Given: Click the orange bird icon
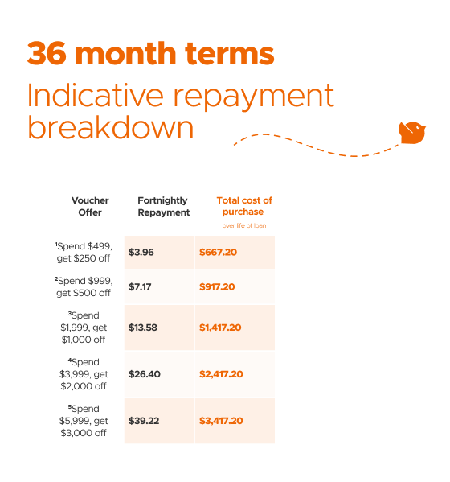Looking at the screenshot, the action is pyautogui.click(x=412, y=133).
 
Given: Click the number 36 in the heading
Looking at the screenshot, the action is pyautogui.click(x=47, y=53).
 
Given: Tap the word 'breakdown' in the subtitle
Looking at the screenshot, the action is pyautogui.click(x=111, y=128).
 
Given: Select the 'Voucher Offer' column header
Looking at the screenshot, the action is pyautogui.click(x=90, y=206).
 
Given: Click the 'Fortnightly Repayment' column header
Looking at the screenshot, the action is pyautogui.click(x=164, y=206).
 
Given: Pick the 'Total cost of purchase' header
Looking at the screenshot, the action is pyautogui.click(x=244, y=206).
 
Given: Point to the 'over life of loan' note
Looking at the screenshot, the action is pyautogui.click(x=244, y=225).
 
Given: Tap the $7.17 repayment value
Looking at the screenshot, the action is pyautogui.click(x=140, y=286).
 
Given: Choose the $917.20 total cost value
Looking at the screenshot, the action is pyautogui.click(x=217, y=286).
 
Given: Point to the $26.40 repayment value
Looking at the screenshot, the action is pyautogui.click(x=145, y=374).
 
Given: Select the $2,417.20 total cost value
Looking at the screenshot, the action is pyautogui.click(x=221, y=374).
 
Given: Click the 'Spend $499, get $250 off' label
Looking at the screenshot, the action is pyautogui.click(x=84, y=253).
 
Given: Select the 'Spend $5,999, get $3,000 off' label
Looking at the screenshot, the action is pyautogui.click(x=84, y=421).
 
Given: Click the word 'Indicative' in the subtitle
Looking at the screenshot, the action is pyautogui.click(x=95, y=95).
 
